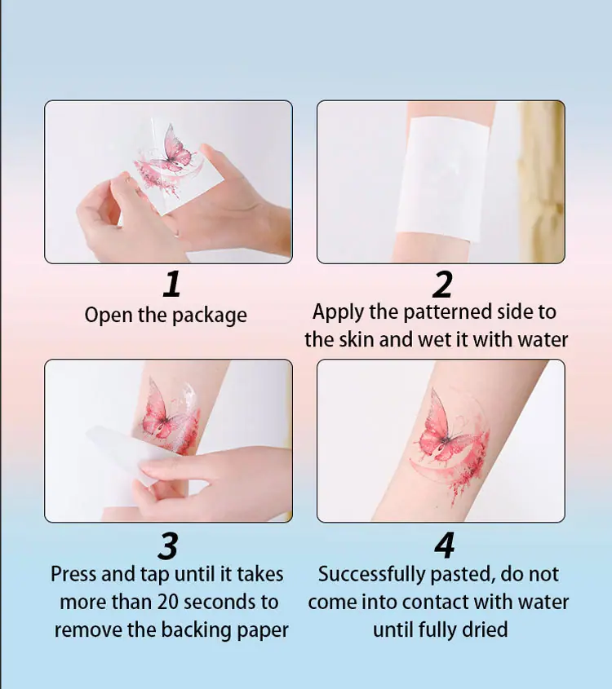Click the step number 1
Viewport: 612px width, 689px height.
coord(172,284)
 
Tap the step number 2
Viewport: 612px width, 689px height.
coord(442,285)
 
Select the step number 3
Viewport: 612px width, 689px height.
coord(168,545)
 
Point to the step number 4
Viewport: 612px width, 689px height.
coord(445,545)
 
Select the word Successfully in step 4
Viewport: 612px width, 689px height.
coord(372,575)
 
